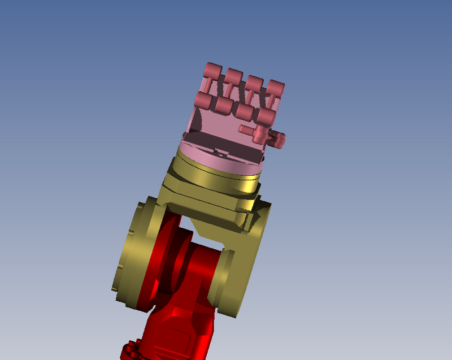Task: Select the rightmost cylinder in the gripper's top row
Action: (276, 88)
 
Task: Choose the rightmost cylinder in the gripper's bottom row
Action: (264, 116)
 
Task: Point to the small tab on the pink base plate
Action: (218, 151)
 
